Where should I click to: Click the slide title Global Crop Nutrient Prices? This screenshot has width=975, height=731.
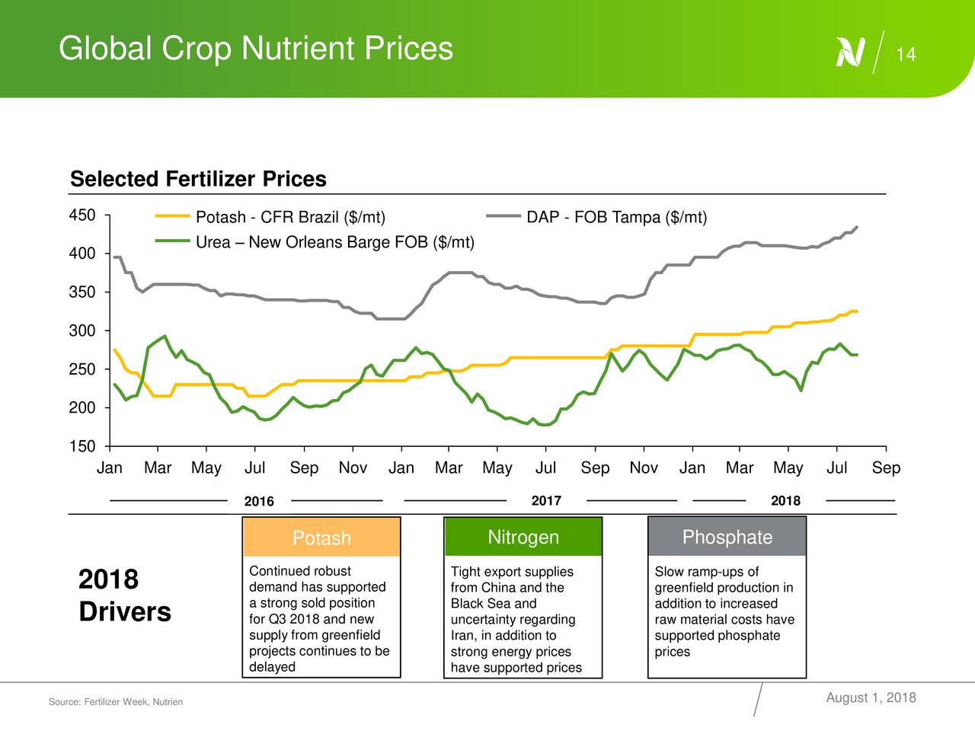(255, 49)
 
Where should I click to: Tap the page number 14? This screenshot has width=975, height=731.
(906, 55)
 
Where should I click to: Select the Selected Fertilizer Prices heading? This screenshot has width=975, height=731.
(198, 180)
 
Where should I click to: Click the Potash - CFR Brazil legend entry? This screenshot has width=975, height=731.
(290, 219)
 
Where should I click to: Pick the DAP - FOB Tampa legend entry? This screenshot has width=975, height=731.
(616, 219)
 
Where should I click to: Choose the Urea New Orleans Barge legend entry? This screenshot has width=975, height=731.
(335, 243)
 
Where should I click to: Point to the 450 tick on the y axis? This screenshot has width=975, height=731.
(82, 215)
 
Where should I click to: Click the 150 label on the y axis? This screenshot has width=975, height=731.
(82, 447)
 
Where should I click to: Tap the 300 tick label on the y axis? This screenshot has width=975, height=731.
(82, 331)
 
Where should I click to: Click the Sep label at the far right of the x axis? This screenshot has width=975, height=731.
(886, 468)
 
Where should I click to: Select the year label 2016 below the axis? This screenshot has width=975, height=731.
(259, 501)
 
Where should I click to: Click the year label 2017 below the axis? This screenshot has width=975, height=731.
(546, 500)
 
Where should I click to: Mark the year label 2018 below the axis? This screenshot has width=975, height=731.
(785, 500)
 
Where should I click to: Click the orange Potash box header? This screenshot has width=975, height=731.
(321, 538)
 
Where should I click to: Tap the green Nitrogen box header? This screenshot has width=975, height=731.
(523, 538)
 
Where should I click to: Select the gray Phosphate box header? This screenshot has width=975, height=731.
(727, 538)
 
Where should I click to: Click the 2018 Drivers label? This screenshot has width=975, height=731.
(124, 595)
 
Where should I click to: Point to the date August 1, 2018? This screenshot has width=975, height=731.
(871, 698)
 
